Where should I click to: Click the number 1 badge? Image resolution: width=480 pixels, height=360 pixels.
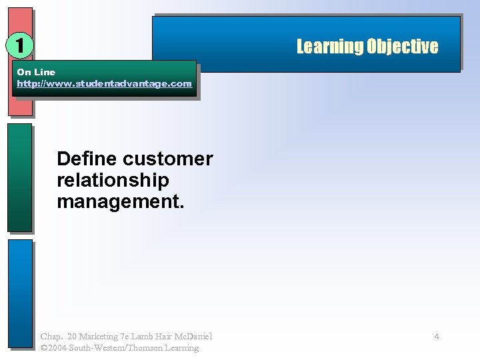pyautogui.click(x=20, y=45)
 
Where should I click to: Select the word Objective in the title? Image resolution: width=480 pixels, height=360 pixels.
pyautogui.click(x=401, y=46)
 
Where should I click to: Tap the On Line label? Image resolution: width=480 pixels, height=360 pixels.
pyautogui.click(x=36, y=72)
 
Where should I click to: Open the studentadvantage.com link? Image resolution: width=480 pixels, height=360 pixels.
pyautogui.click(x=104, y=84)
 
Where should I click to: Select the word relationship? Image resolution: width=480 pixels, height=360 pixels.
pyautogui.click(x=113, y=180)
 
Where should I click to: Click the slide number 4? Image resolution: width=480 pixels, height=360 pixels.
pyautogui.click(x=437, y=337)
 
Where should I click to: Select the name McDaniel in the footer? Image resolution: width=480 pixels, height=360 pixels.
pyautogui.click(x=193, y=337)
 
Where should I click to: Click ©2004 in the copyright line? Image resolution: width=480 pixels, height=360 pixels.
pyautogui.click(x=53, y=348)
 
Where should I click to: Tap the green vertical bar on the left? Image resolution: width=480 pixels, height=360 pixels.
pyautogui.click(x=20, y=177)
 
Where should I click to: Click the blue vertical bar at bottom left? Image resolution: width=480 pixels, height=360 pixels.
pyautogui.click(x=20, y=293)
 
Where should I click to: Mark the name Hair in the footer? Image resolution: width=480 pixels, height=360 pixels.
pyautogui.click(x=165, y=337)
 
